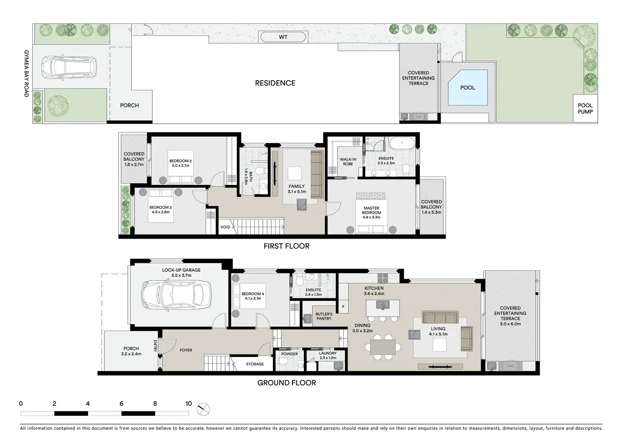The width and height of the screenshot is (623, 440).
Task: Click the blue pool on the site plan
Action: [468, 88]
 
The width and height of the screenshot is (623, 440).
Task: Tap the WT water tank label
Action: [283, 37]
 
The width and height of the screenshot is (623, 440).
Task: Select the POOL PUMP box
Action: [585, 108]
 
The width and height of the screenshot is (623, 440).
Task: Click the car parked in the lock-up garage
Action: [176, 294]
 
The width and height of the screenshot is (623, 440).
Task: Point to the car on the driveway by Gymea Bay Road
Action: [69, 67]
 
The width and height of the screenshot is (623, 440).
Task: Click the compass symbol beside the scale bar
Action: [203, 409]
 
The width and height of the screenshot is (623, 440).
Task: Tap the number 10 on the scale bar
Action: [189, 404]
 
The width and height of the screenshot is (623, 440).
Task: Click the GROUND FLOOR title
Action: [287, 383]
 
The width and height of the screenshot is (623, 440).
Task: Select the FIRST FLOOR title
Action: [287, 246]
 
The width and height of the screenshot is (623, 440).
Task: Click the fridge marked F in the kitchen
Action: [344, 307]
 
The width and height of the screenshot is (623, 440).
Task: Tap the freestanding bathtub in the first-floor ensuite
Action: [402, 143]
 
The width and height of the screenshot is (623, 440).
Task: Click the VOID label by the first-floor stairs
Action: [225, 227]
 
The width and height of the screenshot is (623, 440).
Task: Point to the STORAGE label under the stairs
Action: [255, 364]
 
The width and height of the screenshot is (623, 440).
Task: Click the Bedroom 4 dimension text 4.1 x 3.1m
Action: [253, 299]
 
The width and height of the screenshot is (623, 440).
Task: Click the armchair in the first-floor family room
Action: [302, 204]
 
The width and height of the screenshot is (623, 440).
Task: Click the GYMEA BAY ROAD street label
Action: [26, 74]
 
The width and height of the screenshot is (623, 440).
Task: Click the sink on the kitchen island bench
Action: [383, 305]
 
